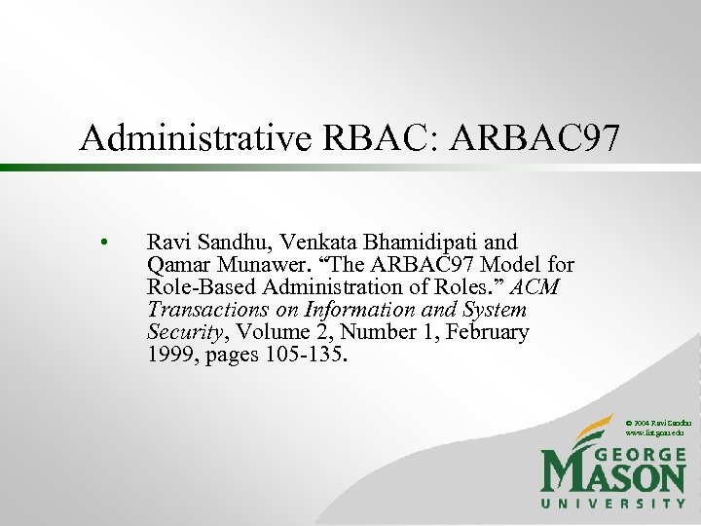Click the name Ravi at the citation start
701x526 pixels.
pos(166,242)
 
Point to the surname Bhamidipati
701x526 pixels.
pos(403,242)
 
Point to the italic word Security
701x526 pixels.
pos(183,332)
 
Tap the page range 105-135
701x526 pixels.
pos(304,355)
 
